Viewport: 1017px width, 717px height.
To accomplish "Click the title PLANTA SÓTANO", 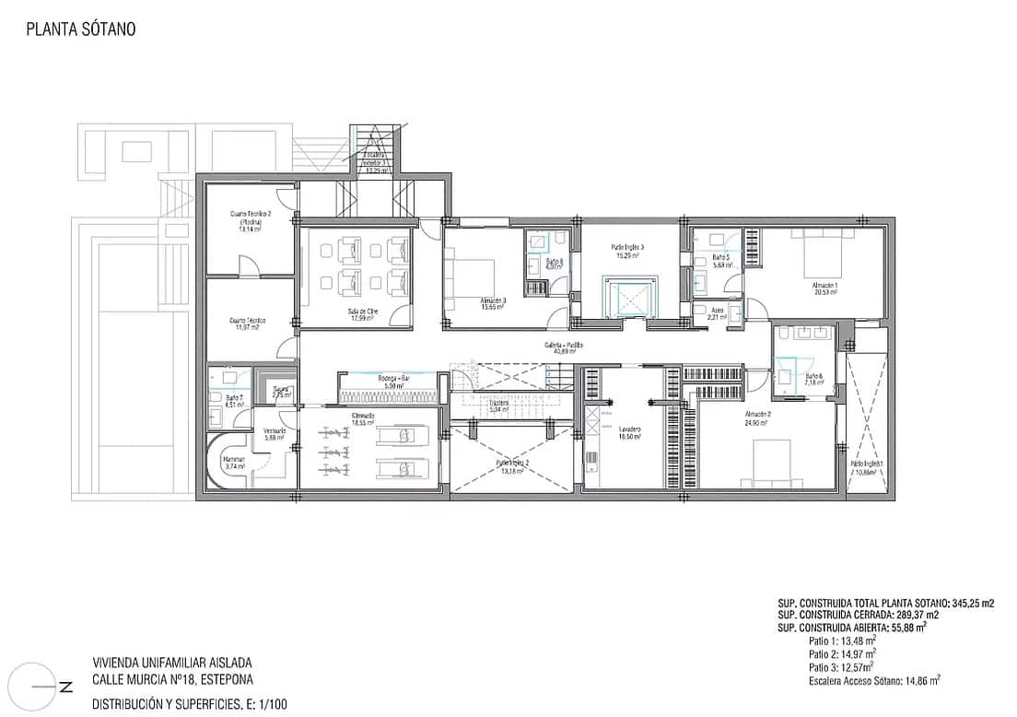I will click(x=81, y=29).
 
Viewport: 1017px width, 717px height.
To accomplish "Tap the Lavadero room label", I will click(x=630, y=430).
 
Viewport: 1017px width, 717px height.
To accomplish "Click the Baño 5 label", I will click(x=719, y=258).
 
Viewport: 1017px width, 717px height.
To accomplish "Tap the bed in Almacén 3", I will click(x=474, y=274).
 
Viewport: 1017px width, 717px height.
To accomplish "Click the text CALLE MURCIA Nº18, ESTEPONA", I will click(x=170, y=683).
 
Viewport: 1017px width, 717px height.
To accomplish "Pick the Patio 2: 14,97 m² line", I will click(x=842, y=653).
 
